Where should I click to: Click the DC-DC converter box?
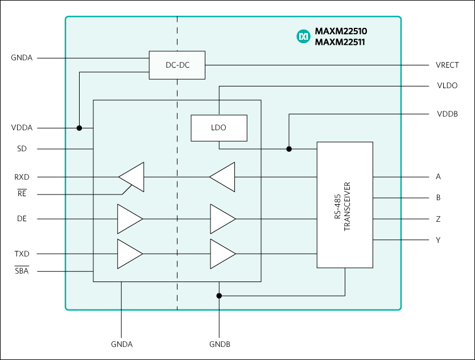coord(177,65)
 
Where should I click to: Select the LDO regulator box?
coord(218,128)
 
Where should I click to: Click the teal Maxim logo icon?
coord(303,36)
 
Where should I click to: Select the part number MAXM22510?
coord(340,31)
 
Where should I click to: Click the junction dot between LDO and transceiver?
coord(289,149)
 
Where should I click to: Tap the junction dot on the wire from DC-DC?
coord(79,128)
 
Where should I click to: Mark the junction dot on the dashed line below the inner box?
coord(219,296)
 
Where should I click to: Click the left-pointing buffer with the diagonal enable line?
coord(133,177)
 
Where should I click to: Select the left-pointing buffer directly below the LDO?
coord(223,177)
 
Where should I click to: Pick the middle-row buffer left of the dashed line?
coord(129,219)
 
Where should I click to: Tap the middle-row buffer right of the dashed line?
coord(222,219)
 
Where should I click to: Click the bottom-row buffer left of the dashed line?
coord(129,254)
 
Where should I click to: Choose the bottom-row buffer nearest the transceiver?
coord(222,254)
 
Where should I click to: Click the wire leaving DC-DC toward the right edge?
coord(301,65)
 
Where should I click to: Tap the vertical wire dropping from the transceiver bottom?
coord(345,282)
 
